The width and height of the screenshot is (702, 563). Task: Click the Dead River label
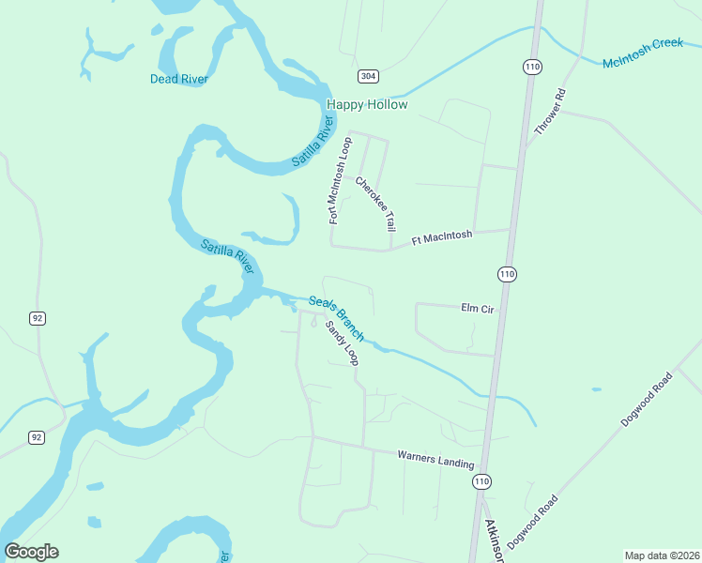click(178, 79)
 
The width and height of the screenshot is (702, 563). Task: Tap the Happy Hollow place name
click(367, 104)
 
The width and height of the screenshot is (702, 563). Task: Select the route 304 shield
click(368, 75)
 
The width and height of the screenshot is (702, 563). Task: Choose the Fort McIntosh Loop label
click(339, 180)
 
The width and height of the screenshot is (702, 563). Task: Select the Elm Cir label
click(477, 307)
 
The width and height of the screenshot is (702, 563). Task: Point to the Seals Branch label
click(336, 317)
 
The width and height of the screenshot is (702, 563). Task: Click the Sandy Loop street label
click(342, 343)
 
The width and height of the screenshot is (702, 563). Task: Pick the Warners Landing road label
click(435, 459)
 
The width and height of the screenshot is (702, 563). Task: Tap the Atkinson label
click(492, 540)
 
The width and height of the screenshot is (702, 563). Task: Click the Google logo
click(31, 552)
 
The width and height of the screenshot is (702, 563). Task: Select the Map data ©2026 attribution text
click(662, 555)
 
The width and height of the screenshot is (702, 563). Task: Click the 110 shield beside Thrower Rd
click(533, 66)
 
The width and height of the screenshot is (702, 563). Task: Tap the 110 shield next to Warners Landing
click(481, 480)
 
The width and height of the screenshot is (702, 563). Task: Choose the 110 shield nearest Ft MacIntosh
click(507, 273)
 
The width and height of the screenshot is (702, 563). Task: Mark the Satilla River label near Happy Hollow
click(313, 142)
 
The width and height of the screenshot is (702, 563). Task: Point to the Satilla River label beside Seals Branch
click(228, 256)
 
